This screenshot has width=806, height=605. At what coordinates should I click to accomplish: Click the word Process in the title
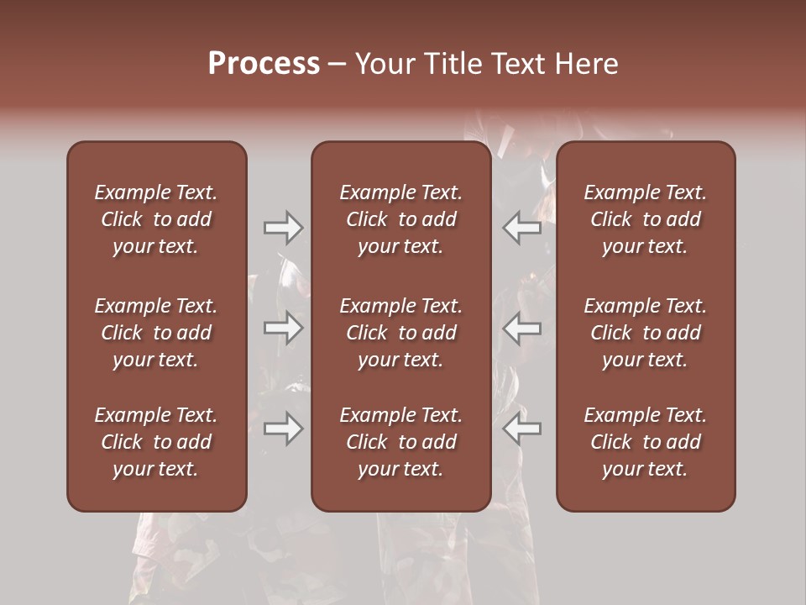coord(264,64)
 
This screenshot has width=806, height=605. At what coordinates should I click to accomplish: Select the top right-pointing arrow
coord(283,228)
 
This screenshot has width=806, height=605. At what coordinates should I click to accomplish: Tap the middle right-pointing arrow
coord(283,329)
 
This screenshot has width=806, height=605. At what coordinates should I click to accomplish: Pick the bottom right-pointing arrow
coord(283,429)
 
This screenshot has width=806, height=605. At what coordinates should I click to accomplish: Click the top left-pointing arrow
coord(521,228)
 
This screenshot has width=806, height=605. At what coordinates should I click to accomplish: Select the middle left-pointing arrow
coord(521,329)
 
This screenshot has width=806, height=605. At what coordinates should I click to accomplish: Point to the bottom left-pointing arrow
coord(521,429)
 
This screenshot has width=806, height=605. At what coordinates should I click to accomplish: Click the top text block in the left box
coord(156,219)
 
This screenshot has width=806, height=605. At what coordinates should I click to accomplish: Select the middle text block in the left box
coord(156,333)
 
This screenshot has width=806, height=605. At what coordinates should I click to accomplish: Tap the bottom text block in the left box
coord(156,442)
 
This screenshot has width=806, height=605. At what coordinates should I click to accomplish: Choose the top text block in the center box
coord(400,219)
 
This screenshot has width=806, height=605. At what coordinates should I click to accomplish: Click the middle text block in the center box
coord(400,333)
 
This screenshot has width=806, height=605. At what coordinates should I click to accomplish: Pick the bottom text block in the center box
coord(400,442)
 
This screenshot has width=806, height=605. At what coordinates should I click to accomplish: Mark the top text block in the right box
coord(645,219)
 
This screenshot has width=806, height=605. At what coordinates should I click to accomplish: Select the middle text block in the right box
coord(645,333)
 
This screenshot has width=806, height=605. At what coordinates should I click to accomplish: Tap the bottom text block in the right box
coord(645,442)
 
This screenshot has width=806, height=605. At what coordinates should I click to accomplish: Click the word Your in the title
coord(384,64)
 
